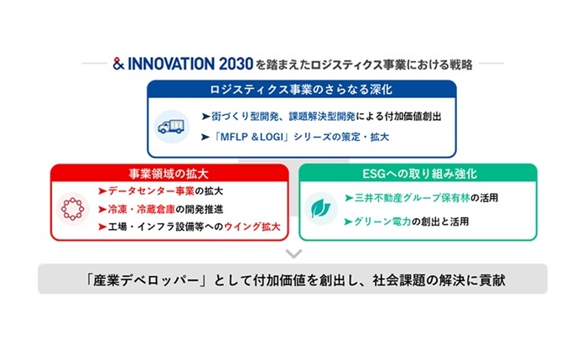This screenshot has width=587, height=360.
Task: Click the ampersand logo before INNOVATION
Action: tap(118, 64)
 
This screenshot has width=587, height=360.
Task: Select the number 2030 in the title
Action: tap(236, 64)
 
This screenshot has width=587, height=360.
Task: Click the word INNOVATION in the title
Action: tap(171, 64)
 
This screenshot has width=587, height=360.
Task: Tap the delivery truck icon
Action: tap(171, 127)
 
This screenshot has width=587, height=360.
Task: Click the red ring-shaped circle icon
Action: tap(72, 209)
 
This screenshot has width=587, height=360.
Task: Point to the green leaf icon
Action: tap(321, 208)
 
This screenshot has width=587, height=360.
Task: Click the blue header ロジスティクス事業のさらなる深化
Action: tap(301, 90)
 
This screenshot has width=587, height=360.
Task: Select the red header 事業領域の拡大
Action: tap(169, 174)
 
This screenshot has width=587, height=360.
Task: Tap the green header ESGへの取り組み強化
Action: tap(419, 174)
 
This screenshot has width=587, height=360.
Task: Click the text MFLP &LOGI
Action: tap(252, 137)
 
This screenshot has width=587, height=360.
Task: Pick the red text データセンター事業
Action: tap(151, 191)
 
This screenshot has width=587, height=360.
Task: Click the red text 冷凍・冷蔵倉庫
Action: tap(142, 209)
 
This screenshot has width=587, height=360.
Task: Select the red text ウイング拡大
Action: tap(252, 227)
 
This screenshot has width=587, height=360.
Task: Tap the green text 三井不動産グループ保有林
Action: tap(413, 198)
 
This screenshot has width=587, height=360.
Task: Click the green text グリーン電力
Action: tap(382, 222)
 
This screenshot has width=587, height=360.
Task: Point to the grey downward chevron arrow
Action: tap(293, 253)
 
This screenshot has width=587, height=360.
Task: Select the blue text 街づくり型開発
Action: tap(245, 117)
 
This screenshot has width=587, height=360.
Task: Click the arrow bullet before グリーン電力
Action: tap(348, 222)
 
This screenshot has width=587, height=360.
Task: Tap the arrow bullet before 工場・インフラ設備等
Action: tap(102, 227)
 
